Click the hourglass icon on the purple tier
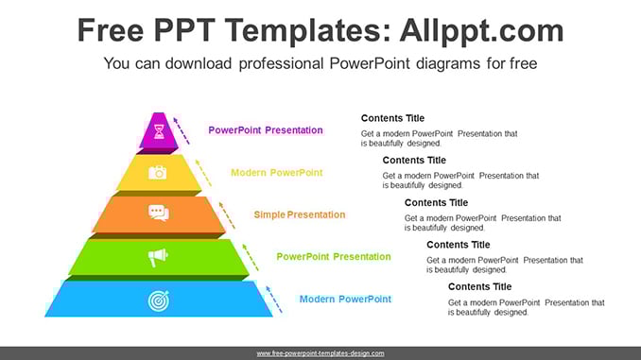(159, 131)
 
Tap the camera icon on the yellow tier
(157, 172)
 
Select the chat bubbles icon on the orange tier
(159, 213)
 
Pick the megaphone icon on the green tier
(158, 257)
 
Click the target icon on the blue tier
(159, 300)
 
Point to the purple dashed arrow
(182, 130)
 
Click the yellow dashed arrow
(203, 173)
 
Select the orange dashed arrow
(227, 215)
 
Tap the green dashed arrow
(251, 257)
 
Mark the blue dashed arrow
(274, 300)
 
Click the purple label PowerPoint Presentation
(266, 130)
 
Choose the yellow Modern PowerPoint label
(277, 173)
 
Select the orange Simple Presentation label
(300, 214)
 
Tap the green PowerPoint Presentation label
(334, 257)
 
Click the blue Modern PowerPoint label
(345, 300)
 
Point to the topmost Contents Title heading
(392, 118)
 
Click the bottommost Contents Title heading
(479, 287)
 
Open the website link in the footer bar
(320, 353)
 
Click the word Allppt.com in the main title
(481, 30)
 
